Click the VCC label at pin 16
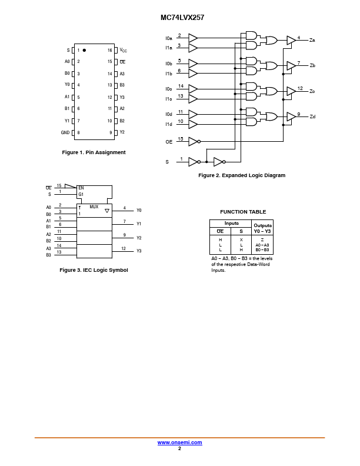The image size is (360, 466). [x=123, y=51]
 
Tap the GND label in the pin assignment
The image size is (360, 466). [x=65, y=132]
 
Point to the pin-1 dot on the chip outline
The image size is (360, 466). [x=84, y=50]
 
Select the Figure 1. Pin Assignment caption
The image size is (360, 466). [x=94, y=152]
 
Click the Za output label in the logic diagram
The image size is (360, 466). [x=312, y=40]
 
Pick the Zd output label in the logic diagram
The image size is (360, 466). [x=312, y=116]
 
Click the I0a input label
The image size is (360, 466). [x=169, y=38]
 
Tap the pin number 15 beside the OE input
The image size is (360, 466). [x=181, y=139]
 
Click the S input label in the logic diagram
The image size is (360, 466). [x=166, y=161]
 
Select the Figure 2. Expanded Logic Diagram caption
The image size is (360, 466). [x=242, y=175]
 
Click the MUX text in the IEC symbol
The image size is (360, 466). [x=94, y=207]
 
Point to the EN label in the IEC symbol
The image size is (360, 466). [x=81, y=188]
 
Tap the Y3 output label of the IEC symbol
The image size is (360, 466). [x=139, y=251]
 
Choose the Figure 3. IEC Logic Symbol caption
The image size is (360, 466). [x=94, y=270]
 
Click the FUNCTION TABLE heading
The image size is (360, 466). [x=243, y=212]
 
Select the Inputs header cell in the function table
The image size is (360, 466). [x=231, y=224]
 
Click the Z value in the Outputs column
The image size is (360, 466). [x=262, y=240]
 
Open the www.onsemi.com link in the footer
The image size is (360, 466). [x=179, y=442]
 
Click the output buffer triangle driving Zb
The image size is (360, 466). [x=291, y=66]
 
